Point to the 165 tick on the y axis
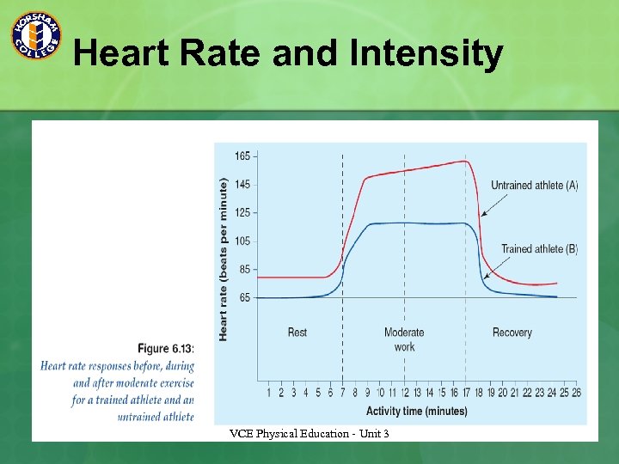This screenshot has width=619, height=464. point(243,156)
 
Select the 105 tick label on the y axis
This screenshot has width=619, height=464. point(243,241)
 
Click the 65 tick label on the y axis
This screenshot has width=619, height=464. point(245,297)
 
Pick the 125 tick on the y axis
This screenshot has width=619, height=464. point(243,212)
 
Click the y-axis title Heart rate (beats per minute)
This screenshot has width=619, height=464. point(224,259)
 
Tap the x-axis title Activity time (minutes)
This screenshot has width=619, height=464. point(417,411)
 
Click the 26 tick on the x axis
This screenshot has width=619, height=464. point(576,394)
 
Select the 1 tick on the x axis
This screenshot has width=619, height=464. point(269,394)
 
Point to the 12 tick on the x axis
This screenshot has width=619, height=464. point(404,394)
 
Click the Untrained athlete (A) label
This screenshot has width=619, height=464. point(534,186)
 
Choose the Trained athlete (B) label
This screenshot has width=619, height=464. point(539,249)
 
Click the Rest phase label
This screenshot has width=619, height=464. point(297,333)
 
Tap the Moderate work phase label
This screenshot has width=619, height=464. point(404,339)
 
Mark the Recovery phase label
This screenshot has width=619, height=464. point(512,333)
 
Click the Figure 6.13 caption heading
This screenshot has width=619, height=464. point(166,348)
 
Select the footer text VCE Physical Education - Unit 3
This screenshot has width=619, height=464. point(309,434)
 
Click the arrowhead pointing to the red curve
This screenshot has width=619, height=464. point(483,213)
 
